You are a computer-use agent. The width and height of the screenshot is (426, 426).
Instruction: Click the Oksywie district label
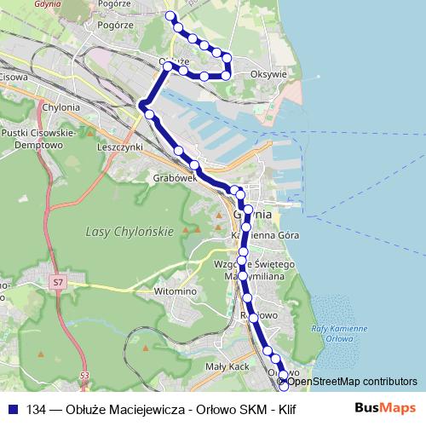point(270,74)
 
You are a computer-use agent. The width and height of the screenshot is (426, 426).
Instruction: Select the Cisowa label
point(15,77)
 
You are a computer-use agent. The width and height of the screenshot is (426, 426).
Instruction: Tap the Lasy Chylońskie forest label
point(130,232)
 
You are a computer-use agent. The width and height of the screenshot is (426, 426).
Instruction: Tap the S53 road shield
point(83,375)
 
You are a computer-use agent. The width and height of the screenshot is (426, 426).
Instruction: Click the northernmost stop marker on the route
point(170,16)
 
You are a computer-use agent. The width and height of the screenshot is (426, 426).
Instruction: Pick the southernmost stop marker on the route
point(284,397)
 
